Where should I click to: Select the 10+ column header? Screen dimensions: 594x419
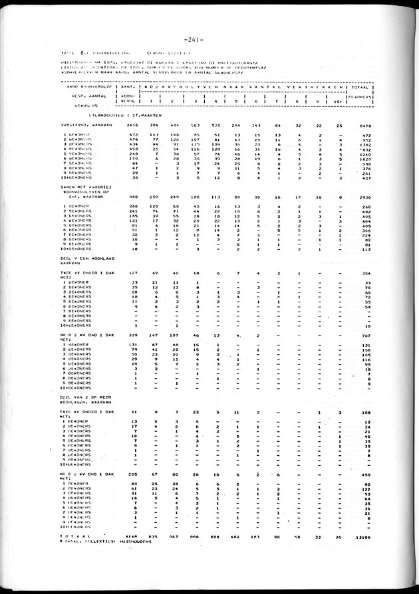pos(339,101)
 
